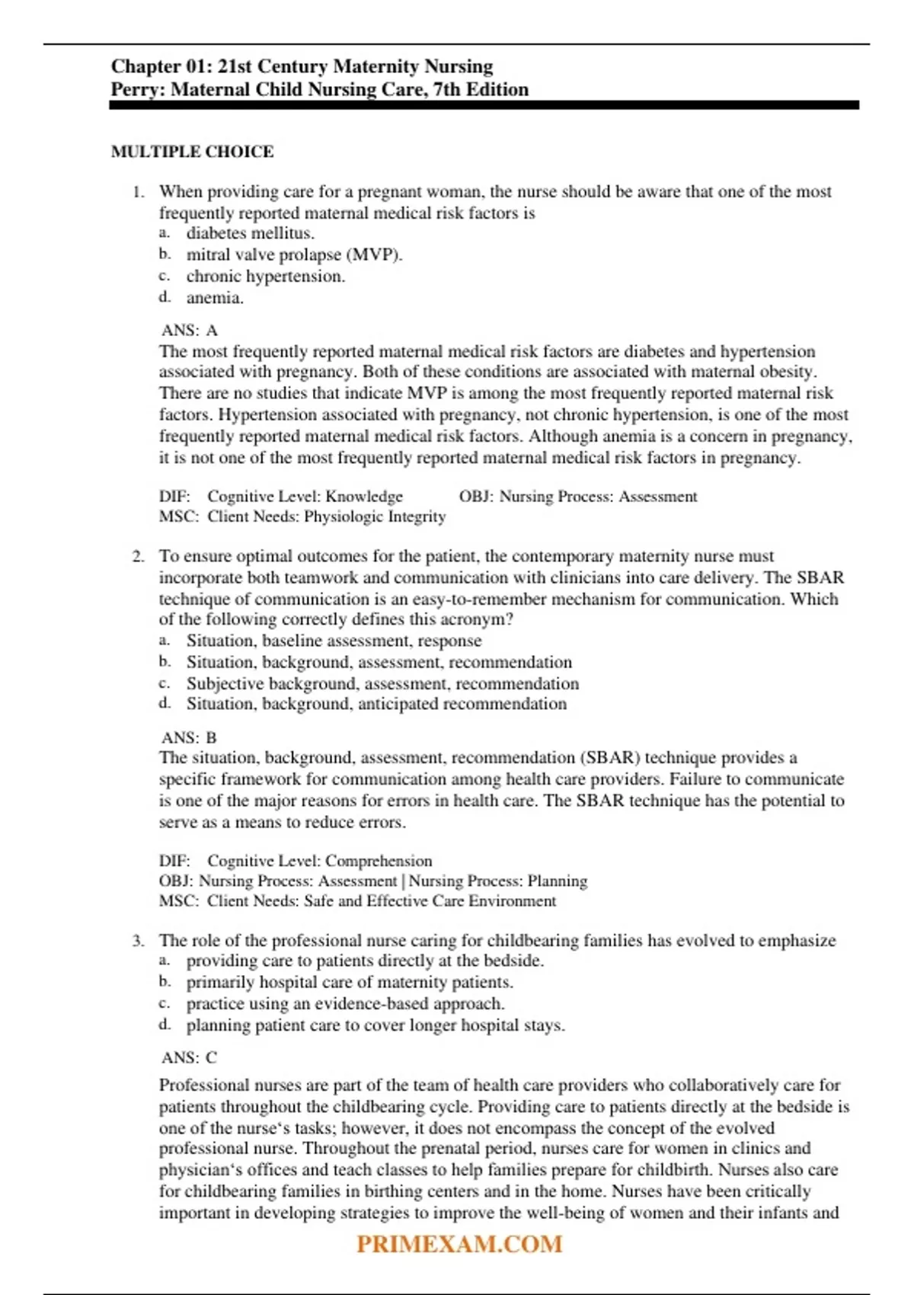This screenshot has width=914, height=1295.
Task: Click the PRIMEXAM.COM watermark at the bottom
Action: pos(459,1244)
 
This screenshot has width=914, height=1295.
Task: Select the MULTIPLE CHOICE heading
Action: pos(192,152)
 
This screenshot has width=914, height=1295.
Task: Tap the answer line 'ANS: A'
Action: pos(190,330)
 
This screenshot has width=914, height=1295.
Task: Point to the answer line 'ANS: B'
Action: pos(190,737)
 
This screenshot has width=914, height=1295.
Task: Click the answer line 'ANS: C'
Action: pos(190,1057)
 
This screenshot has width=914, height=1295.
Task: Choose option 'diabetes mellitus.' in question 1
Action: pos(250,233)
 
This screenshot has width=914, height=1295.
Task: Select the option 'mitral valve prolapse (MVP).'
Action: pos(294,254)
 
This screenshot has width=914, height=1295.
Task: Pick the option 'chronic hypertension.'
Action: pos(265,276)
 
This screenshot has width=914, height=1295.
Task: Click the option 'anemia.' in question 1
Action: pos(215,298)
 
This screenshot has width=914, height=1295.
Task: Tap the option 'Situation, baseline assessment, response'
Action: pos(334,641)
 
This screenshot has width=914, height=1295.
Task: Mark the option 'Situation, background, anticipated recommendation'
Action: pos(376,704)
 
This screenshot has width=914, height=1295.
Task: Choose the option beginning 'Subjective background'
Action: pos(382,683)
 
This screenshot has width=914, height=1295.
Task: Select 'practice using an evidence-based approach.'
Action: pos(345,1003)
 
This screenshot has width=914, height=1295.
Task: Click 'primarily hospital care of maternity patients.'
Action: pos(350,982)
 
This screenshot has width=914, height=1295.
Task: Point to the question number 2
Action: pos(138,556)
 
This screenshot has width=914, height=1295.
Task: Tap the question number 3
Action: pos(138,941)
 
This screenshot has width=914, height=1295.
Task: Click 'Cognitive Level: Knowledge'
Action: pos(305,497)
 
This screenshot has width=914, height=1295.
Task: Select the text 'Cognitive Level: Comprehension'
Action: pos(319,861)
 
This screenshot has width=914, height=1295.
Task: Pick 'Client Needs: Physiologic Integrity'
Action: pos(326,516)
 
